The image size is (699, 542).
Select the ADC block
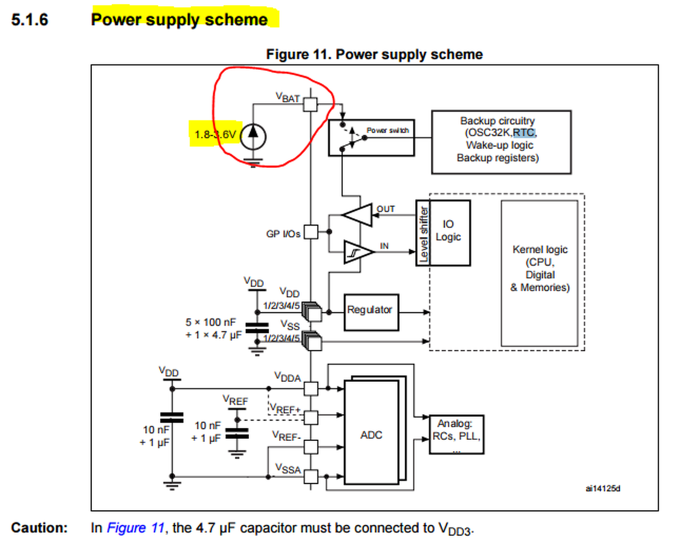tap(371, 434)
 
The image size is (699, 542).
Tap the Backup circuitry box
tap(501, 142)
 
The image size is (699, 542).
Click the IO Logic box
tap(449, 233)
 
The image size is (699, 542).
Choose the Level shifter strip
tap(423, 233)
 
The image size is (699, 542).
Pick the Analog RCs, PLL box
tap(456, 435)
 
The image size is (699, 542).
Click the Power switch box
tap(371, 138)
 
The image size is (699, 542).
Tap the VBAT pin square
tap(310, 104)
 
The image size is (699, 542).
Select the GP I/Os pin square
tap(311, 232)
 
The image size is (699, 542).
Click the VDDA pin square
tap(311, 388)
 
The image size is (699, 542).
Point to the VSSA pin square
tap(311, 476)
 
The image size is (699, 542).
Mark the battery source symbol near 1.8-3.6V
tap(253, 136)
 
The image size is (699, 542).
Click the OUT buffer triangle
tap(358, 215)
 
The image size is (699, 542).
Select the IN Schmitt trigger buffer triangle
tap(358, 252)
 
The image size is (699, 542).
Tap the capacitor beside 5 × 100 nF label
tap(257, 328)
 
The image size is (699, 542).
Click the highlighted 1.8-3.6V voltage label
tap(215, 134)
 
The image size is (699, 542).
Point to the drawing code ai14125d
tap(602, 488)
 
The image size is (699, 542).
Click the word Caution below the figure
tap(39, 528)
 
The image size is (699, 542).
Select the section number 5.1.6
tap(29, 20)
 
